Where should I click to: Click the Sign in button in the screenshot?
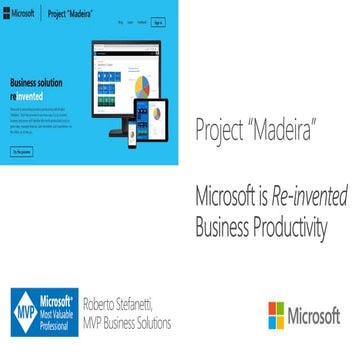pos(158,21)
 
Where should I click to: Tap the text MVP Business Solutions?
pos(128,323)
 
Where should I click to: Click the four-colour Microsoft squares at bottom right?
pos(276,315)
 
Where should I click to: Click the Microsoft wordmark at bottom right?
pos(314,316)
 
